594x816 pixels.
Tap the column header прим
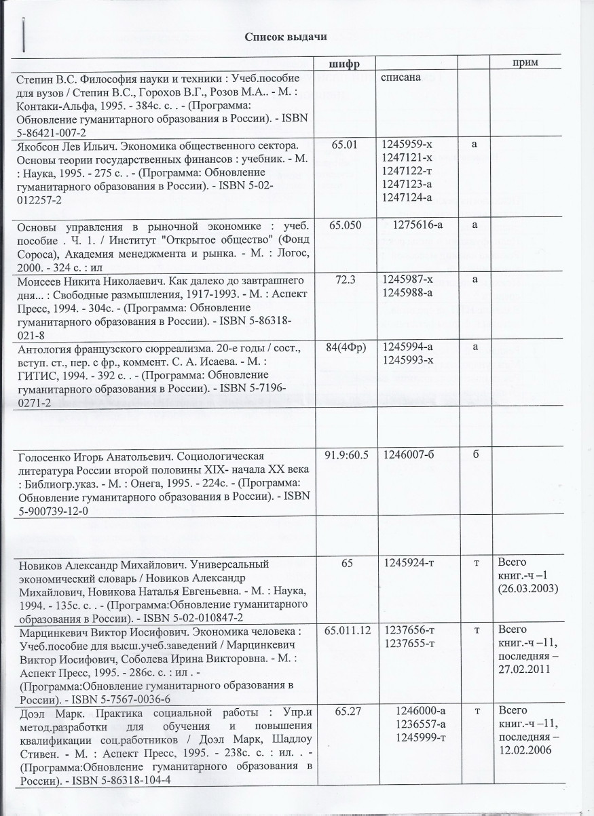(523, 62)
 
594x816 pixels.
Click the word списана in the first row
(402, 77)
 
